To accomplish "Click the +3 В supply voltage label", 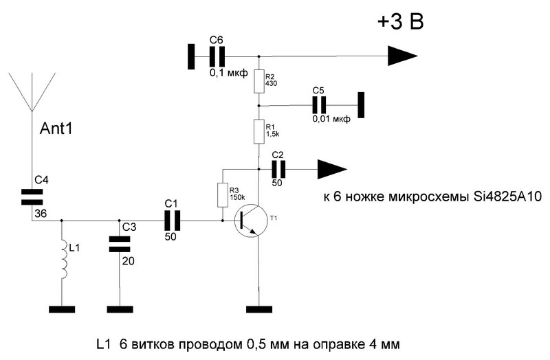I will click(x=399, y=22).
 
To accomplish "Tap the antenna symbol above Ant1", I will click(x=31, y=89).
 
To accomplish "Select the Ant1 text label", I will click(x=57, y=129).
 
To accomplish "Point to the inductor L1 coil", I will click(x=63, y=259).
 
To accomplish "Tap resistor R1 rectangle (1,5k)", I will click(x=258, y=131).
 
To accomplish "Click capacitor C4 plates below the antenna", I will click(x=31, y=196).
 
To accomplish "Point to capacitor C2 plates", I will click(x=278, y=168).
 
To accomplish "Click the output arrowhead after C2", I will click(x=332, y=168).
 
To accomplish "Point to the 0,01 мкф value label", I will click(x=331, y=119).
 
